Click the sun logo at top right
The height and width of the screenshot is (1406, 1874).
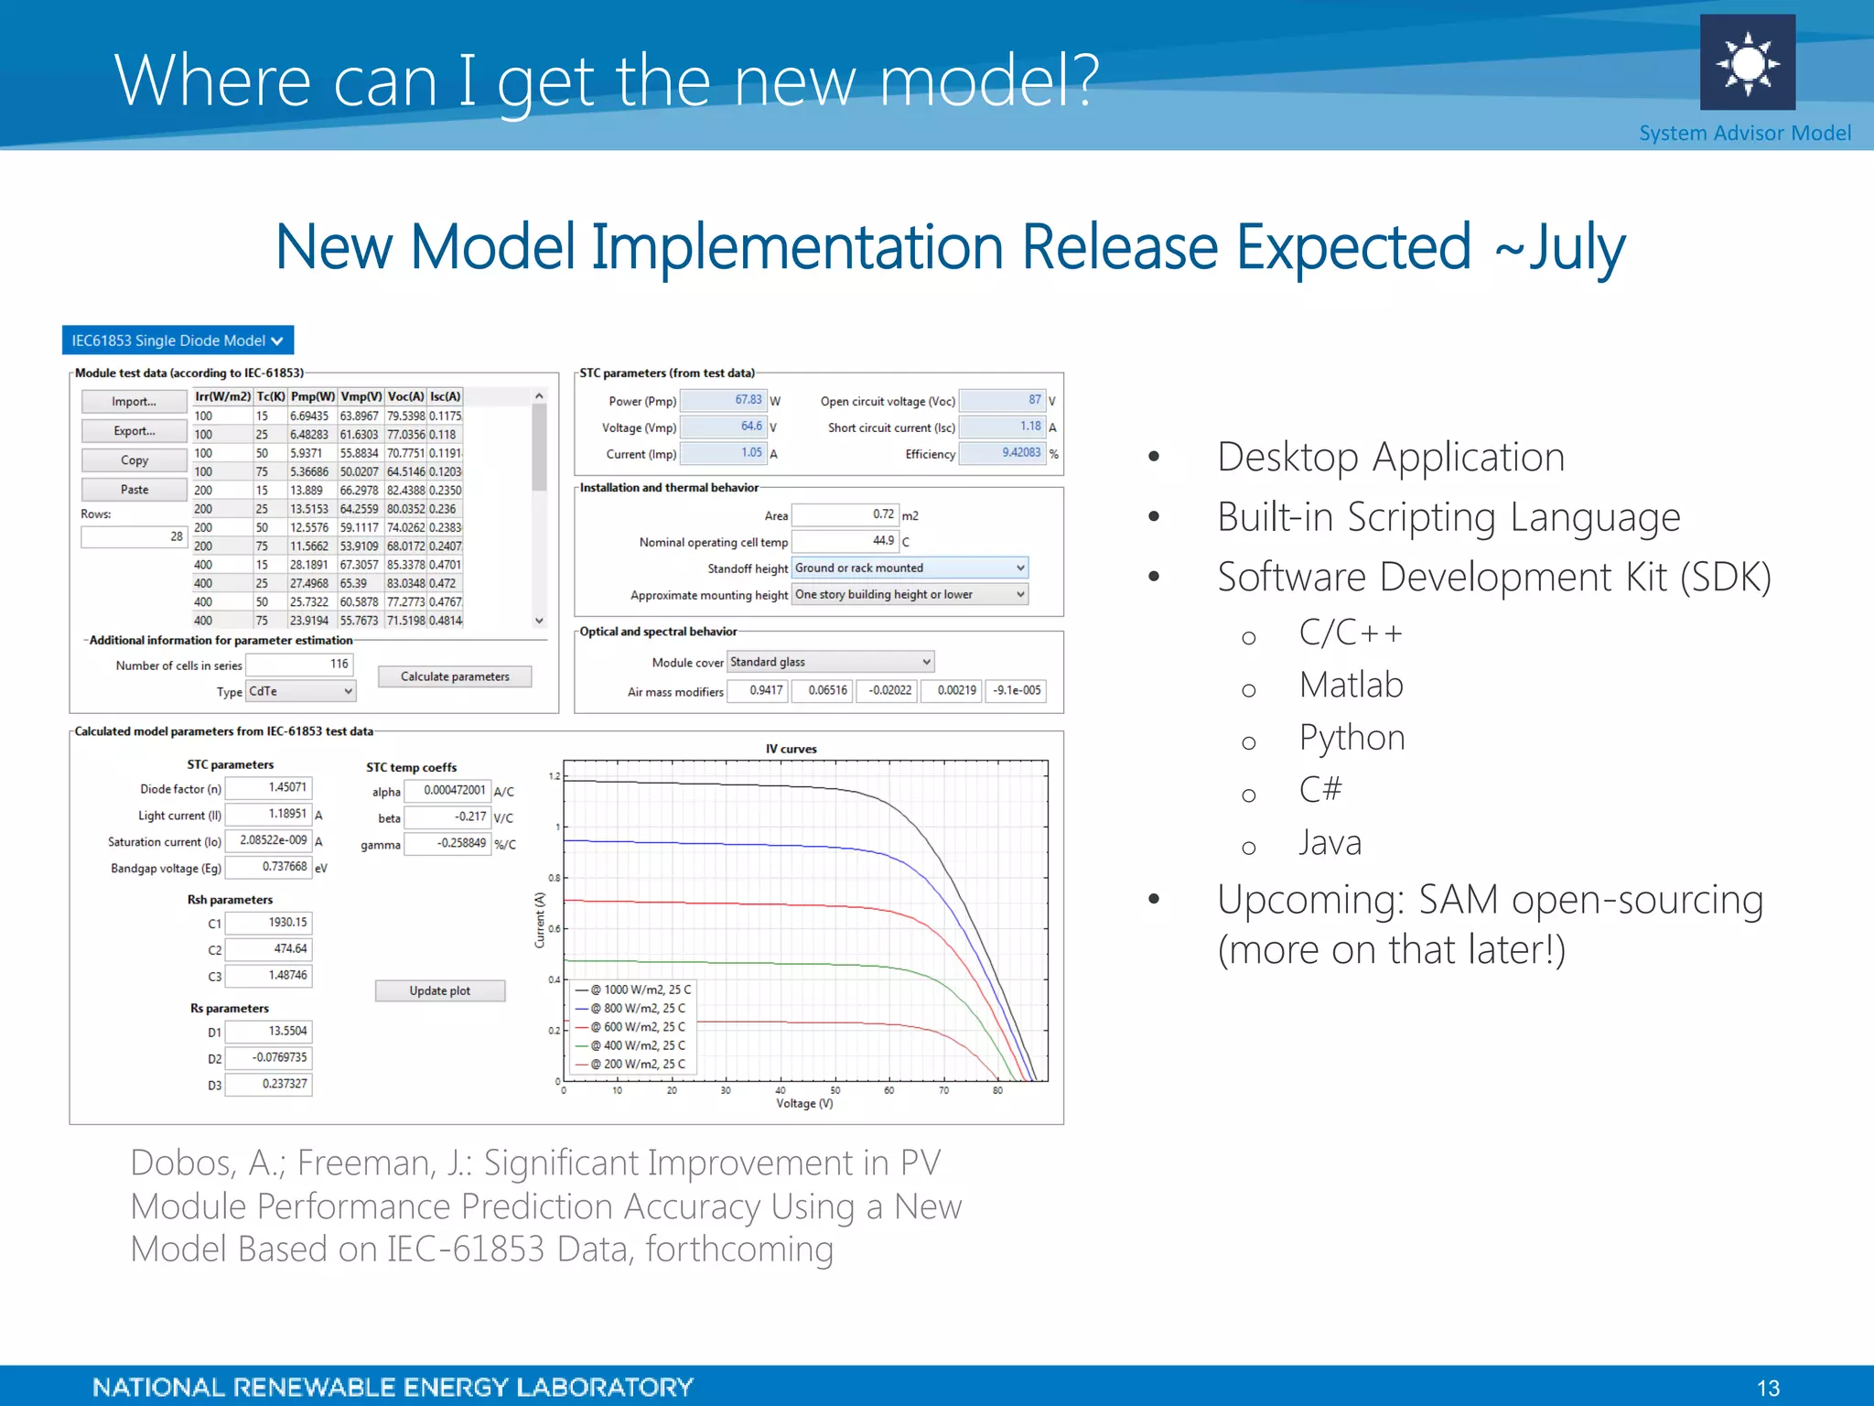[x=1747, y=62]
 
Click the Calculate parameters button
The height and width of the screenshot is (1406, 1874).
[x=455, y=676]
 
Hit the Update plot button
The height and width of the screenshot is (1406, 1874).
[x=439, y=990]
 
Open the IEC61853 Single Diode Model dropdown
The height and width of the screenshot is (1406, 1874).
[x=178, y=341]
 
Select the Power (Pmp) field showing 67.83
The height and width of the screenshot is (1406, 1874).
[x=723, y=400]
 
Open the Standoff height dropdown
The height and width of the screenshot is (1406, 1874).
[x=909, y=568]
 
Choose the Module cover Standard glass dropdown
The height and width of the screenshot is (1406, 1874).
[x=830, y=662]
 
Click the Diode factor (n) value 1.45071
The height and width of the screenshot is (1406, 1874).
[x=269, y=787]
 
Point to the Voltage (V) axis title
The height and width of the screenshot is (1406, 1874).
[x=804, y=1103]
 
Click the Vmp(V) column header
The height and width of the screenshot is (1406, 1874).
[x=361, y=396]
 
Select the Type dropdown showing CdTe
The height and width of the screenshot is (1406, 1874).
[x=300, y=691]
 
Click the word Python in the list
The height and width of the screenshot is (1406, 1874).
[x=1352, y=738]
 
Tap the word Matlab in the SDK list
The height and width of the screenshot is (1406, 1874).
[x=1351, y=685]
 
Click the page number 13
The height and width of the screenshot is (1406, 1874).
[x=1768, y=1388]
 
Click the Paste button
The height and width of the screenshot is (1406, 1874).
[x=135, y=490]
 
